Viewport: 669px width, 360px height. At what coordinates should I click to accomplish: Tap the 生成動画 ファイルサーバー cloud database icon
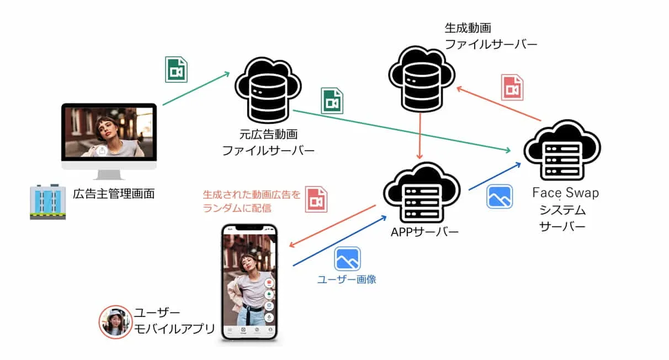click(x=421, y=77)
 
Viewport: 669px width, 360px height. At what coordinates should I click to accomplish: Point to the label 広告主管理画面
click(x=113, y=194)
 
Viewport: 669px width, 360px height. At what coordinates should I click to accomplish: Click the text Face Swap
click(x=565, y=193)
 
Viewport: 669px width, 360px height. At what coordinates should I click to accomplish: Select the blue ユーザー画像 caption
click(x=347, y=279)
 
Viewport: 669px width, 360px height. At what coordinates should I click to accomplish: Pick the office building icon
click(x=47, y=202)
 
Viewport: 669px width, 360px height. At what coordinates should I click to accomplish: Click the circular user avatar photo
click(x=115, y=322)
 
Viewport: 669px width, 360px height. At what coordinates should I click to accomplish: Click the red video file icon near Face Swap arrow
click(x=512, y=88)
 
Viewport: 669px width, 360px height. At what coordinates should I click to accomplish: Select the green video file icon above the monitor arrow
click(x=176, y=70)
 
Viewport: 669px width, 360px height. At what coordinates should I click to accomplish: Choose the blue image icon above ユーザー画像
click(x=347, y=259)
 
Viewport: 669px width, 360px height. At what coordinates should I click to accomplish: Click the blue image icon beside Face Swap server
click(x=500, y=197)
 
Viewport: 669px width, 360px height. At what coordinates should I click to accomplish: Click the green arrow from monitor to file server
click(x=196, y=88)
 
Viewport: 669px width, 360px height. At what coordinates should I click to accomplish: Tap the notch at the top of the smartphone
click(x=249, y=227)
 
